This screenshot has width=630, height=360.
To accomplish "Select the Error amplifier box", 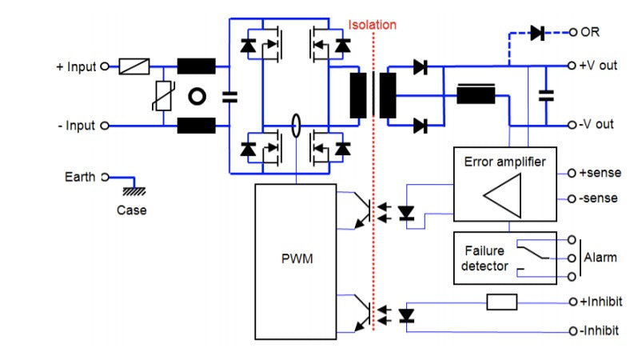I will pos(504,183).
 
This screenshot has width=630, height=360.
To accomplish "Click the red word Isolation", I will pos(372,25).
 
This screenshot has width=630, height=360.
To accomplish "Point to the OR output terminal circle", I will pos(572,33).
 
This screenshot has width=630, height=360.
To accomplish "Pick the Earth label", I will pos(80,177).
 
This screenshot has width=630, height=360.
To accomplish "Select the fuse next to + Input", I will pos(134,66).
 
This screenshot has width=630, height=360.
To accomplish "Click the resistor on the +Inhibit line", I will pos(502,302).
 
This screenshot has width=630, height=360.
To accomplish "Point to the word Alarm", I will pos(601,258).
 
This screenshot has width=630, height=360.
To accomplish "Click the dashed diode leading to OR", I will pos(536,33).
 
